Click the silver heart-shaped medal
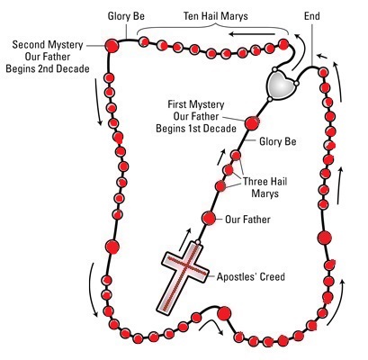pos(282,84)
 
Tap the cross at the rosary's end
pos(184,278)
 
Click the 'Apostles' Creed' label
pos(251,276)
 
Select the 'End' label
pos(312,16)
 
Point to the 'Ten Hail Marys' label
pos(216,16)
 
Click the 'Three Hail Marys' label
pos(265,187)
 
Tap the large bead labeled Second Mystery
pos(112,46)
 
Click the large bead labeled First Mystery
pos(252,123)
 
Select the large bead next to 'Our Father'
pos(209,219)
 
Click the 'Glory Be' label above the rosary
pos(126,16)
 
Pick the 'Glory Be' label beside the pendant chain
pos(278,141)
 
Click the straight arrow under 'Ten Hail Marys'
pos(252,34)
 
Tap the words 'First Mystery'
pos(196,104)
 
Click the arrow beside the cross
pos(184,239)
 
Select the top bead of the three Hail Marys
pos(236,156)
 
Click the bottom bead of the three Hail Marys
pos(220,186)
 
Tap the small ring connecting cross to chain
pos(198,242)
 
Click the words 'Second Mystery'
pos(48,45)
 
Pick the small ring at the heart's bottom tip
pos(270,99)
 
